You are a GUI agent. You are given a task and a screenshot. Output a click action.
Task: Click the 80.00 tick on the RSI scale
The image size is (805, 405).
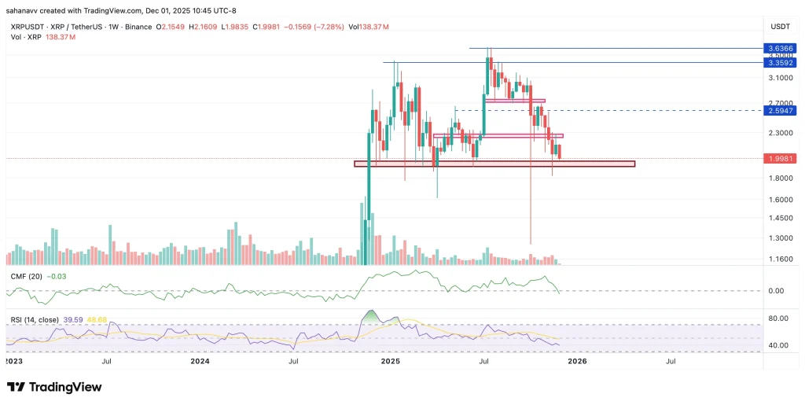(x=778, y=318)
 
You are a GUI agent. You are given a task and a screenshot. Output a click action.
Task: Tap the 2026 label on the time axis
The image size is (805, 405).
(x=577, y=362)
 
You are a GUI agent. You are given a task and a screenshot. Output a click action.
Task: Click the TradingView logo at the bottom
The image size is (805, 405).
(x=54, y=387)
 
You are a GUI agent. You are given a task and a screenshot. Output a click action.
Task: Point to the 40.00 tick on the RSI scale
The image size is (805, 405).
(x=778, y=345)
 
